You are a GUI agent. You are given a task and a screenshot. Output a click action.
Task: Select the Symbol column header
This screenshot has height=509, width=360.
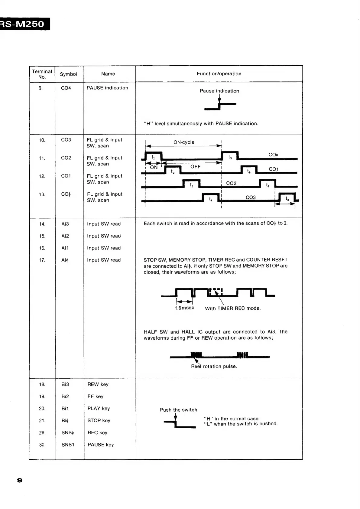68,74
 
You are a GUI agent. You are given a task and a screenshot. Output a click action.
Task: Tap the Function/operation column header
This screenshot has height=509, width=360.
219,73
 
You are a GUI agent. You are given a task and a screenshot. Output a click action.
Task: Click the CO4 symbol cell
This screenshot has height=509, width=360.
66,88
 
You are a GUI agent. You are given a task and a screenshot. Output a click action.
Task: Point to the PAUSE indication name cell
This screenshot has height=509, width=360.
107,88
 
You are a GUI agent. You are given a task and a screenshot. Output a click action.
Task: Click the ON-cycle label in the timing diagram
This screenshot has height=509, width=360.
184,142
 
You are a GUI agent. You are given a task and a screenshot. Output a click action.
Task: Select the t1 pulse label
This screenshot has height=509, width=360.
153,157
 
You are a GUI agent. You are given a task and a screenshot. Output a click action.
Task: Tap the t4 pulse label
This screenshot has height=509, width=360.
211,199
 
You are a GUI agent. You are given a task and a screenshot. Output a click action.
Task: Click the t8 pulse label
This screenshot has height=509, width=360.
287,199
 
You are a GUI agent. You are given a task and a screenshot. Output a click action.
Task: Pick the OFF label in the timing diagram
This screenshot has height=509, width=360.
196,167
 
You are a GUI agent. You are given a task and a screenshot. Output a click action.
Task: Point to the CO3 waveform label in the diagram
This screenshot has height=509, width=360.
251,197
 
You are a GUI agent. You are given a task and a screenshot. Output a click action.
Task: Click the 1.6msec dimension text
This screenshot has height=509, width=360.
184,308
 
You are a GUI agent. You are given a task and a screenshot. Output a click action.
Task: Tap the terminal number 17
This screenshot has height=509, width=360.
42,260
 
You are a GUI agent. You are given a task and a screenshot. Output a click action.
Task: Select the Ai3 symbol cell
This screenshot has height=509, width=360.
65,224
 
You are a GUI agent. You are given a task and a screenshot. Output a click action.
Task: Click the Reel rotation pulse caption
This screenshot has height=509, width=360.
214,366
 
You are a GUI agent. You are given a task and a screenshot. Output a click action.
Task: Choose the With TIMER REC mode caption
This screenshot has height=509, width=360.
232,308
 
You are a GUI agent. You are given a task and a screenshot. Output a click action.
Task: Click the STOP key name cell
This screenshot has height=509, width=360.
99,420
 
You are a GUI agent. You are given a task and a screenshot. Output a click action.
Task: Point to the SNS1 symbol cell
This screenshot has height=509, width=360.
68,445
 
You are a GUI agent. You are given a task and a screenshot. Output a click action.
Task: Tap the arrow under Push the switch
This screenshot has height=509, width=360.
176,418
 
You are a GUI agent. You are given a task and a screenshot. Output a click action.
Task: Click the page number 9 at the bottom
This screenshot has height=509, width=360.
20,480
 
